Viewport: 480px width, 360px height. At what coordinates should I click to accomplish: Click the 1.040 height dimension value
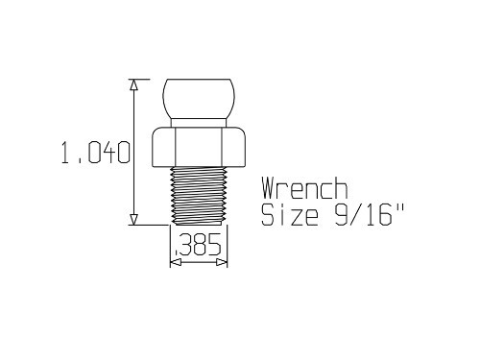[95, 154]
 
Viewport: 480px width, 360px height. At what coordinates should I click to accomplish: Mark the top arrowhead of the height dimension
[133, 84]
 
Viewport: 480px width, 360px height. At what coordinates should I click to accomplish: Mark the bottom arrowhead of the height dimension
[133, 219]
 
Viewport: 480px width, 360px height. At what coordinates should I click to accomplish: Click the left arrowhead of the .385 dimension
[175, 261]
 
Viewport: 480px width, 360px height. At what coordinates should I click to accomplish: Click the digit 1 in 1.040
[66, 154]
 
